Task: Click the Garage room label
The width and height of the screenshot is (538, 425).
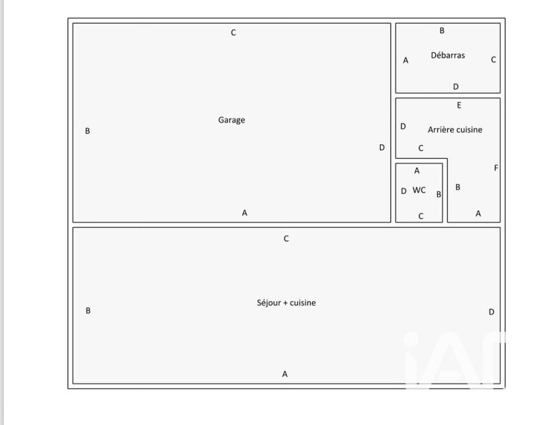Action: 231,121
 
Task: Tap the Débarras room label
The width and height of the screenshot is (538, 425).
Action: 448,55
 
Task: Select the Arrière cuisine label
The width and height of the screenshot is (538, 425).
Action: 455,129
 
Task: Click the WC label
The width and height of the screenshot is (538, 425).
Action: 419,190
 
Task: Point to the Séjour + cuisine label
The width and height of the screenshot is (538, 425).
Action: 286,302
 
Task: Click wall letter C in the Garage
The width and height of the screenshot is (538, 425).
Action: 233,32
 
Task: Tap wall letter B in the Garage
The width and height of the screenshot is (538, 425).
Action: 87,131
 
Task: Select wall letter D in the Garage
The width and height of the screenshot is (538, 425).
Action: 382,148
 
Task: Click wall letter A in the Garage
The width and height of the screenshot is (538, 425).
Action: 245,213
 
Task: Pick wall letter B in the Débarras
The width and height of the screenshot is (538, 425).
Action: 442,30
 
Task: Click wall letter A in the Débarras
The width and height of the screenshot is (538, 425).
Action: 406,61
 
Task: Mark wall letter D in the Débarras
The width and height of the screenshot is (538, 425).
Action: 456,87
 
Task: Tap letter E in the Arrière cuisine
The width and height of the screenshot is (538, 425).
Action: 459,105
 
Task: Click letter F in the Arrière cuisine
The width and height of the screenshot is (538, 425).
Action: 496,168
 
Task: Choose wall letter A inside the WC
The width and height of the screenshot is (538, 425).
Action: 417,170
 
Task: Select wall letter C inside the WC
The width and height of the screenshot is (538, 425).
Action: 421,216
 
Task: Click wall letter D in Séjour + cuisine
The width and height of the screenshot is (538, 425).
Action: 492,312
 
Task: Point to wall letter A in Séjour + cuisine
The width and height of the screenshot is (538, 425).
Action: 284,374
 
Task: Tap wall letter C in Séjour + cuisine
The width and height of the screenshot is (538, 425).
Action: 286,239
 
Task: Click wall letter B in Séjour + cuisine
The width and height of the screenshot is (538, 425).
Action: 88,310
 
